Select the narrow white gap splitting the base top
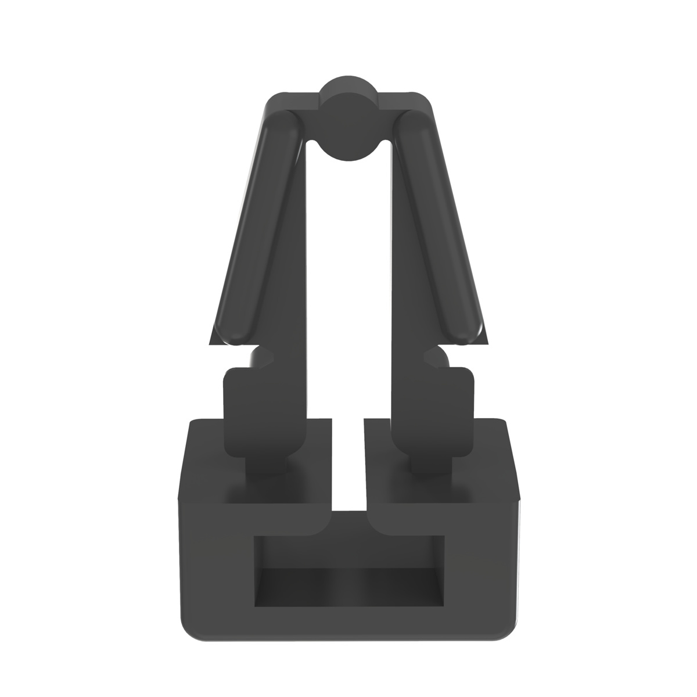pos(348,465)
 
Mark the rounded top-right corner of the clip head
pos(427,99)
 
